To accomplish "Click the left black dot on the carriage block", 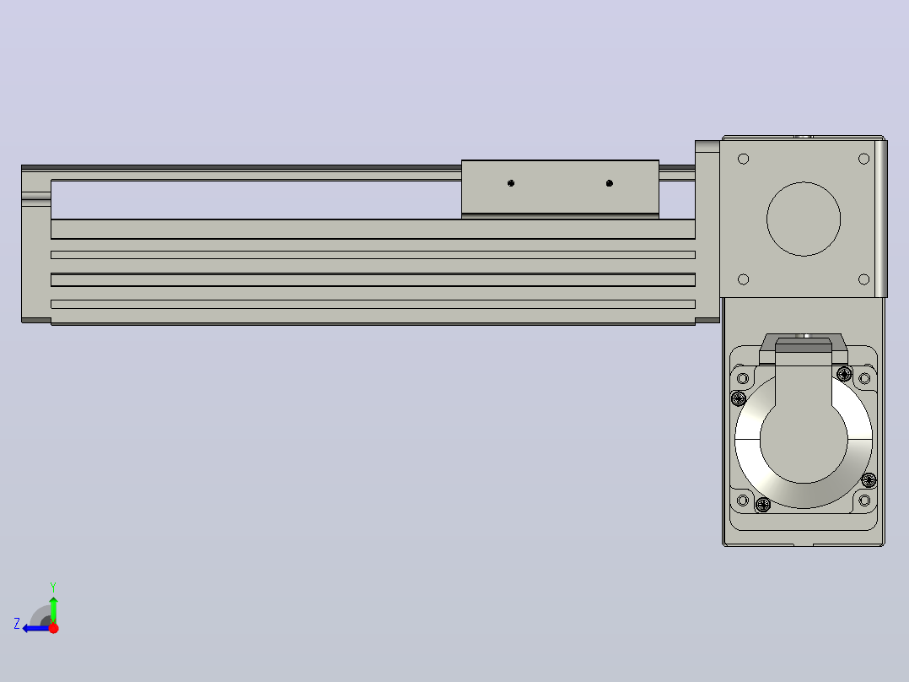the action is [511, 183].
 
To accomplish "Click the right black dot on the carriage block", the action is [610, 183].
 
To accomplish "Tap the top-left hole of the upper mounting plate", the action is [743, 159].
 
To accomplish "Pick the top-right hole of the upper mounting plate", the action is [863, 159].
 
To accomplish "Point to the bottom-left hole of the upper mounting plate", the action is [743, 279].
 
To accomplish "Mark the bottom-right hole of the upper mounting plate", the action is [863, 279].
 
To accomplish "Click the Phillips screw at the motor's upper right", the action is [845, 373].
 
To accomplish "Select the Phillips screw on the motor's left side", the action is [739, 398].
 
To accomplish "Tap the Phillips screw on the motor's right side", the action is [869, 480].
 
